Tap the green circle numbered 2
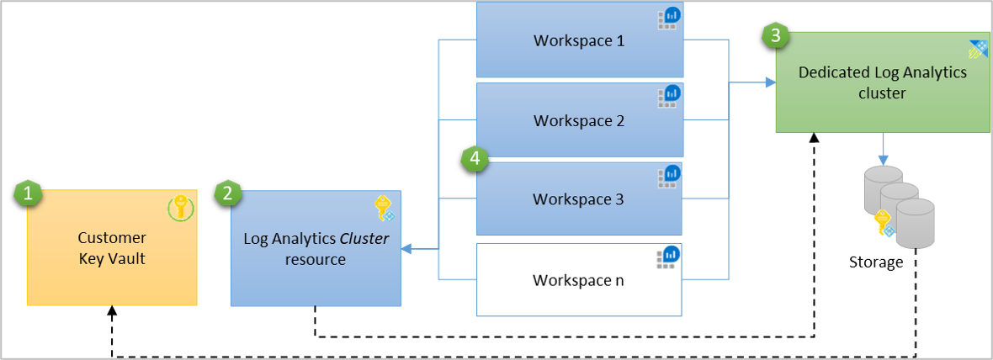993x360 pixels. coord(227,193)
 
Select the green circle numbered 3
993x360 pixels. coord(774,36)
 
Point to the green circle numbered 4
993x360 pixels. coord(475,158)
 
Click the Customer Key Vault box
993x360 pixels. coord(112,247)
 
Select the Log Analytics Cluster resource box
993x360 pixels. coord(316,248)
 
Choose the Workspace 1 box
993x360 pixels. coord(579,40)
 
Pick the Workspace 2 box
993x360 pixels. coord(579,120)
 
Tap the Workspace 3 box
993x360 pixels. coord(579,199)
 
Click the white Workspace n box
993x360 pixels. coord(579,279)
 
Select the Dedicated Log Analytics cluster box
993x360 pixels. coord(882,83)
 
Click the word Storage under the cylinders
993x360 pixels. coord(875,262)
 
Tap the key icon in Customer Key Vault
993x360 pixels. coord(180,207)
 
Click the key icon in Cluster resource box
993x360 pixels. coord(383,208)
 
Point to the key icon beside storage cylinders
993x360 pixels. coord(883,223)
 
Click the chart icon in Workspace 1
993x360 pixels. coord(669,18)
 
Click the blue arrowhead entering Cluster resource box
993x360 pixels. coord(406,249)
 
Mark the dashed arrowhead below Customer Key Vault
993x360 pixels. coord(113,311)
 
